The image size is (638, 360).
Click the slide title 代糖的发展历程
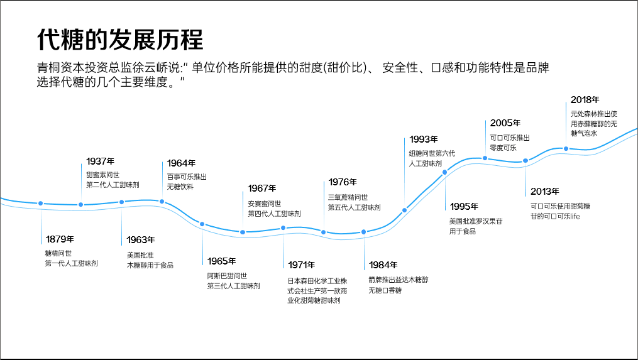point(120,39)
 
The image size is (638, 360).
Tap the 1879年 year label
point(60,239)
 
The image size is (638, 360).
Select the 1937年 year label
point(100,161)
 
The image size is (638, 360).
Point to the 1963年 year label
point(140,240)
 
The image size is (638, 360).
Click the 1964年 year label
point(181,163)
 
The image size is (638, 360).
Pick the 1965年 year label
point(221,261)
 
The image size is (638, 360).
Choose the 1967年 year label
point(261,188)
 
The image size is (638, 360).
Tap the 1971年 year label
point(302,265)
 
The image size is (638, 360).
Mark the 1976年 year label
point(343,183)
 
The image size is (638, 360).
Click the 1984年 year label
point(383,265)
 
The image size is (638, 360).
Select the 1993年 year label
point(423,139)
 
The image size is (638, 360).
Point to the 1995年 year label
point(464,207)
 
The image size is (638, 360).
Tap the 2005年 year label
point(505,123)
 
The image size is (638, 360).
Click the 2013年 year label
point(544,192)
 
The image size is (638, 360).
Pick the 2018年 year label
point(585,100)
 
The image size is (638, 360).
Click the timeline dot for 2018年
point(566,149)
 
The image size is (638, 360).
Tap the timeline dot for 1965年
point(202,224)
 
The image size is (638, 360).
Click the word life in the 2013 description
point(573,217)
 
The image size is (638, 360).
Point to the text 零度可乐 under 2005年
point(503,148)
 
